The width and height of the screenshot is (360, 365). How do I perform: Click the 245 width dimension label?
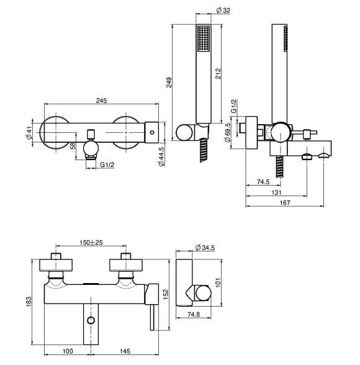pos(101,101)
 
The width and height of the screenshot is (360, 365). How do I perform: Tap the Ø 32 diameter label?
pos(223,10)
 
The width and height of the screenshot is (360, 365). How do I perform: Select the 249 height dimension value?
pos(169,83)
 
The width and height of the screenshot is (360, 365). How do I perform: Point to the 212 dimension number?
pos(218,73)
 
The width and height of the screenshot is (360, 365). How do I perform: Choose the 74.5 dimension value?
pos(263,181)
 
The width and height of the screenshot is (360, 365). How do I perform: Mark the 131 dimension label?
pos(276,192)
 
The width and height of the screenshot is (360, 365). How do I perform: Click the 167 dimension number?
pos(285,202)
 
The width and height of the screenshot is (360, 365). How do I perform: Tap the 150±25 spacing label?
pos(91,242)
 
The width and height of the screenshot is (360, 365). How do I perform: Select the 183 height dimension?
pos(29,302)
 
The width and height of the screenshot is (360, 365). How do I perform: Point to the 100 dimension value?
pos(68,351)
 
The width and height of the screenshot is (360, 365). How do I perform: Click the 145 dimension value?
pos(125,351)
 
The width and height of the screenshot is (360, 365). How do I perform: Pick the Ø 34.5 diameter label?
pos(205,248)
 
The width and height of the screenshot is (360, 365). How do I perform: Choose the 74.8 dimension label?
pos(194,314)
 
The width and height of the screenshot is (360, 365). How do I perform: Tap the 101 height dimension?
pos(218,282)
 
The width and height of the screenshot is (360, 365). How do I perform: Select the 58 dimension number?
pos(73,146)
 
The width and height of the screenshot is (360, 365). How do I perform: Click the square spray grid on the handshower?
pos(204,38)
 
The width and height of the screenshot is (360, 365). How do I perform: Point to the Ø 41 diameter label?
pos(29,133)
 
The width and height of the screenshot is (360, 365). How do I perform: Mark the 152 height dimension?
pos(165,294)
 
